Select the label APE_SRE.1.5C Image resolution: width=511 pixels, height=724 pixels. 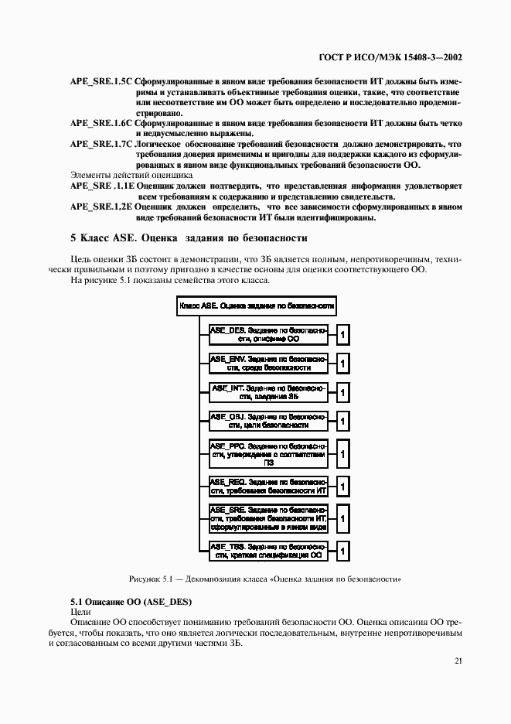[101, 81]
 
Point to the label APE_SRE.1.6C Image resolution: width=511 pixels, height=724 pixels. [101, 122]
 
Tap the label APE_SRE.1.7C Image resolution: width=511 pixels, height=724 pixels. [101, 144]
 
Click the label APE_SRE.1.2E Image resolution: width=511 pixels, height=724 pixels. [101, 207]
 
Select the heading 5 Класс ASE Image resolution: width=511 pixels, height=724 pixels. [189, 238]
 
